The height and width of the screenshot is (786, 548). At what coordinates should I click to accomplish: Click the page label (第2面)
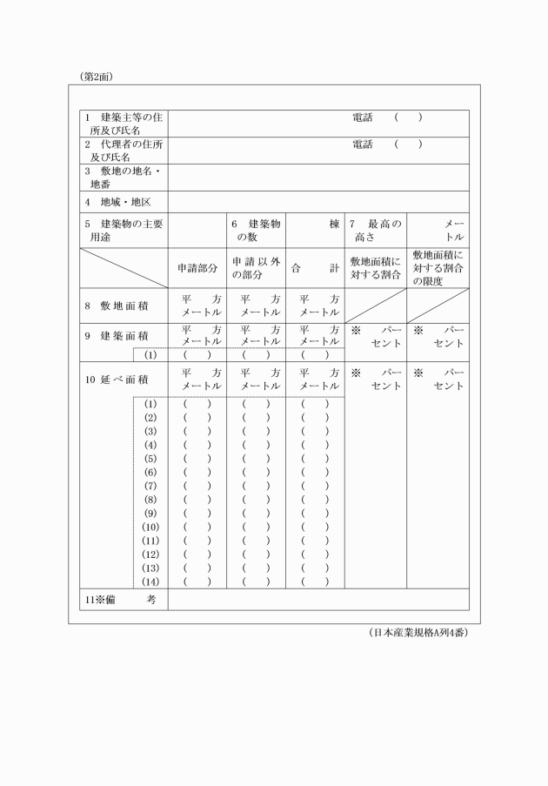coord(97,77)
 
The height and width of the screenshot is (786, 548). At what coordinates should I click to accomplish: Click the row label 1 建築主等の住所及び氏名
coord(124,124)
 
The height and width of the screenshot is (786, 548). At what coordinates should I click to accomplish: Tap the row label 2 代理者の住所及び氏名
coord(124,151)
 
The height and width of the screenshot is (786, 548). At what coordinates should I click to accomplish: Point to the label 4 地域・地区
coord(118,202)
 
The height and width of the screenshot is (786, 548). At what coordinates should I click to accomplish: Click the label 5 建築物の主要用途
coord(124,230)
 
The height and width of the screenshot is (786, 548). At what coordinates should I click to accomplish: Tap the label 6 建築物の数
coord(256,230)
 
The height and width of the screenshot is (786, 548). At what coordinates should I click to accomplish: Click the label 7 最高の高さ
coord(374,230)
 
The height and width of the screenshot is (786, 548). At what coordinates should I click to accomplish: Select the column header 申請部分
coord(197,269)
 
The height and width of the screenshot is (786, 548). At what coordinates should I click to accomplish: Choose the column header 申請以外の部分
coord(256,269)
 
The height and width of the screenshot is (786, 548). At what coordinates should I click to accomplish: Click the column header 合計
coord(315,269)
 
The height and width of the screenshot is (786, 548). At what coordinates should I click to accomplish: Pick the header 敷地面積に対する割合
coord(375,269)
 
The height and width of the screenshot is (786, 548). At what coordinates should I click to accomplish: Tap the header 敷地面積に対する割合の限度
coord(438,268)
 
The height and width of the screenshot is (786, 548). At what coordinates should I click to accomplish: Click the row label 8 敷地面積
coord(117,306)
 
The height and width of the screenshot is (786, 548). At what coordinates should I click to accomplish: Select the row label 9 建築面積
coord(117,335)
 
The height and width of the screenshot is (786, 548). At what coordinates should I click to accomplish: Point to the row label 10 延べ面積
coord(117,380)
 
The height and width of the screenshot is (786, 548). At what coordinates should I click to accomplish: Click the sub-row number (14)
coord(150,581)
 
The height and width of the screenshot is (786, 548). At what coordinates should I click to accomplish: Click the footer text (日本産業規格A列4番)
coord(418,632)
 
